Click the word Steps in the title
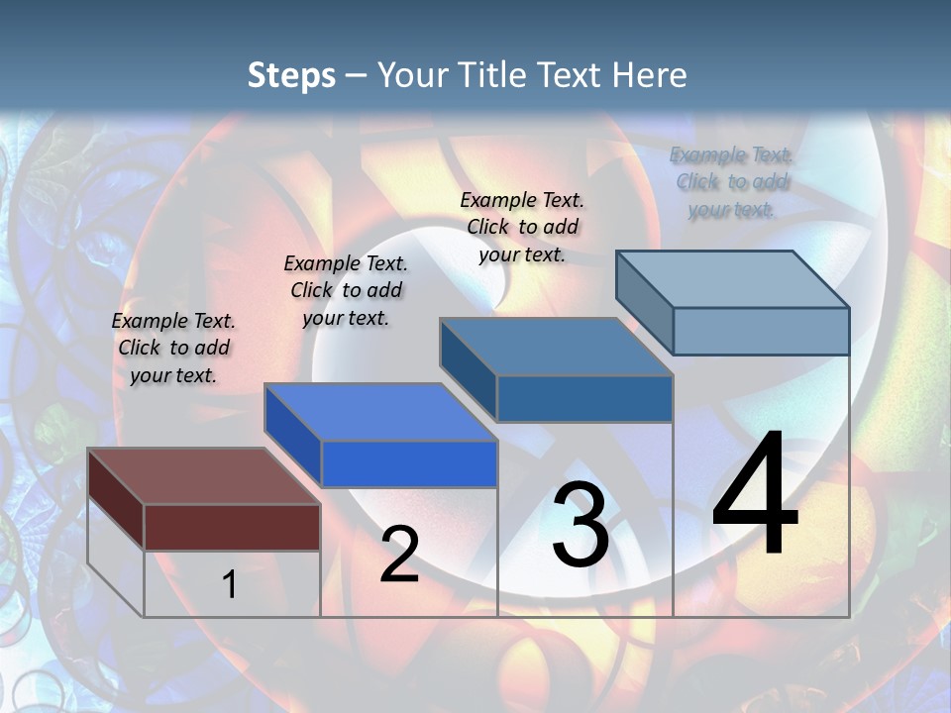[x=291, y=75]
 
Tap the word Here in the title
[x=650, y=75]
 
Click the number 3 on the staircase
[x=581, y=525]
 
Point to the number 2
[x=399, y=555]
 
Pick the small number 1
[x=229, y=585]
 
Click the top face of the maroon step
[x=203, y=476]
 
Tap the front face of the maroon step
[x=232, y=527]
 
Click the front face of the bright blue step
[x=408, y=463]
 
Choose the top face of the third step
[x=556, y=347]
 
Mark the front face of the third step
[x=584, y=398]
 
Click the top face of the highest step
[x=732, y=279]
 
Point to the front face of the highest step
[x=761, y=331]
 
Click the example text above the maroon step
[x=173, y=348]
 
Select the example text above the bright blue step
[x=346, y=290]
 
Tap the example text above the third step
[x=522, y=227]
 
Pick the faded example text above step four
[x=731, y=181]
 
